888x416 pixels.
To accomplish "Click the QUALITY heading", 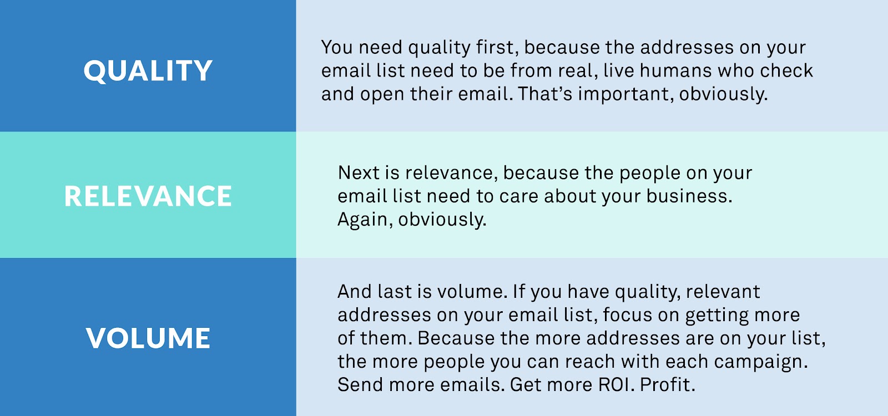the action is point(148,72).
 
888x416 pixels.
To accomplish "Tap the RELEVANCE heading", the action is point(148,196).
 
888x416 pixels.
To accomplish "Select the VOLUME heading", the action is point(148,338).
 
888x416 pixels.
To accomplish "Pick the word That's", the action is point(545,94).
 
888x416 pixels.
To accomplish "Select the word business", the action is point(689,196).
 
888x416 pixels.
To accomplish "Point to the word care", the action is point(519,196).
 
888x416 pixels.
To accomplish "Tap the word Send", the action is point(360,385).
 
